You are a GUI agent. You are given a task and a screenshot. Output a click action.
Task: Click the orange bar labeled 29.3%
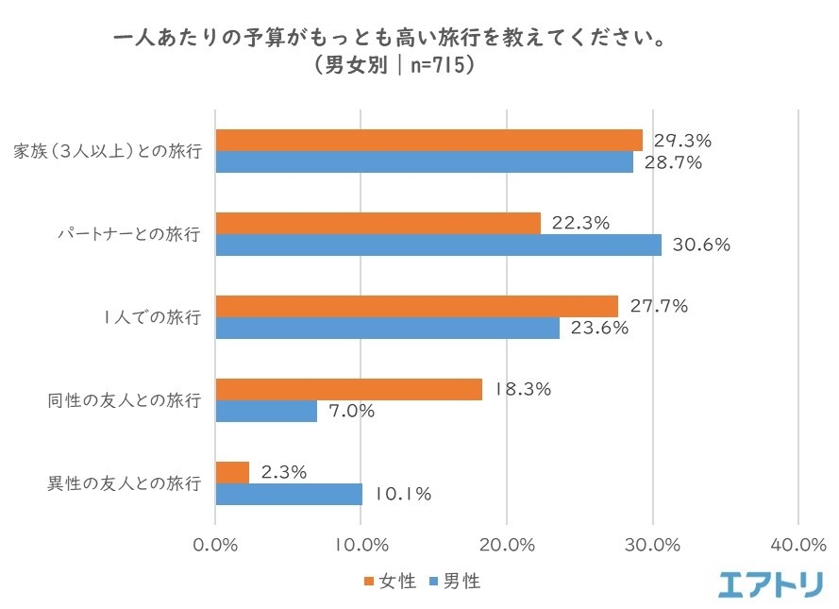429,140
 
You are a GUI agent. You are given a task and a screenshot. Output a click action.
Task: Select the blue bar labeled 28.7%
425,161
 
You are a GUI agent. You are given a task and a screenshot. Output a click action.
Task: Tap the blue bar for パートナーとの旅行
439,245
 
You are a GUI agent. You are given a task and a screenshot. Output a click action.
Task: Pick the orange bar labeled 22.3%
378,223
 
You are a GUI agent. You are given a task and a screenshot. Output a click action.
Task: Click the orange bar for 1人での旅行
417,306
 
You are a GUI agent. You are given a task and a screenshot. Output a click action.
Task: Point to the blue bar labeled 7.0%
267,411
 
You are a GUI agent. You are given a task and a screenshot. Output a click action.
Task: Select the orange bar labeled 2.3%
233,472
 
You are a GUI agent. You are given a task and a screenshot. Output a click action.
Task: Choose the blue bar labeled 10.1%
290,494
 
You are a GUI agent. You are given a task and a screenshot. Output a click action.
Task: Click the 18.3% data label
523,389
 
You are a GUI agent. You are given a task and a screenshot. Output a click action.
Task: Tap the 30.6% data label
702,245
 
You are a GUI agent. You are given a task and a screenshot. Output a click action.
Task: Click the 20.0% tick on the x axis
507,545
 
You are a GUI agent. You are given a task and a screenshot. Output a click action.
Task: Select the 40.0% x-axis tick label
798,545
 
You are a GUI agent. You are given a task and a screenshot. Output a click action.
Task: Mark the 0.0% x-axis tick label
216,545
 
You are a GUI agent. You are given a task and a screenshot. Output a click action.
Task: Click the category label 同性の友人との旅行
125,400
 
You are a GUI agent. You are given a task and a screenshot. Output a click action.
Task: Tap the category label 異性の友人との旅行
125,483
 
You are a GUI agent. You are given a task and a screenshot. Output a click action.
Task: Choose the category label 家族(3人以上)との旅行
108,151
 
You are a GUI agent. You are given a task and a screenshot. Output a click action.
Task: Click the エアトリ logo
770,584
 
